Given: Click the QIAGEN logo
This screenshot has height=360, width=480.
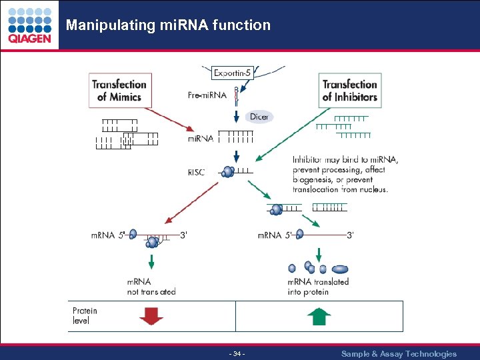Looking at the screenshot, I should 29,25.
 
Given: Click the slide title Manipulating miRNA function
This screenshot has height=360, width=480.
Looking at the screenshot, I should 168,25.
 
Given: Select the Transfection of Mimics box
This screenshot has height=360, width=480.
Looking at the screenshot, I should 119,90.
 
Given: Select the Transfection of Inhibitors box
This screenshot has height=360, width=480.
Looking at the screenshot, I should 350,90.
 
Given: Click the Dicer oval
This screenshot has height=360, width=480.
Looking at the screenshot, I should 259,117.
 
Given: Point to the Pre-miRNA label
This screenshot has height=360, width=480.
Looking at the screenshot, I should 207,95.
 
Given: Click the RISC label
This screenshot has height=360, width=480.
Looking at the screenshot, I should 197,172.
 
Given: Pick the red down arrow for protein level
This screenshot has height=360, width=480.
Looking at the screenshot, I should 151,315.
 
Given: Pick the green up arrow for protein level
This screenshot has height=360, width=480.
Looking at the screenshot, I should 319,315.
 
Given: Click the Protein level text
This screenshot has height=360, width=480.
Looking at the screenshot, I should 85,315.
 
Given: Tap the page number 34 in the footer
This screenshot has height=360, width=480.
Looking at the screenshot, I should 237,353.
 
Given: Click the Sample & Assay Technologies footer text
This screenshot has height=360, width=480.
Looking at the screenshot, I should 399,353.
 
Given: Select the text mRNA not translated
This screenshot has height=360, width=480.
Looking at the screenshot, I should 151,287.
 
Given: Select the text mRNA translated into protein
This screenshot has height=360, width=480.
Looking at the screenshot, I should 318,287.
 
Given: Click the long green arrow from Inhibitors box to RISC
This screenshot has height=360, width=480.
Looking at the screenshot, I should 293,133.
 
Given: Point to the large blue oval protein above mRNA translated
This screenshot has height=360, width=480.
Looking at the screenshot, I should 340,269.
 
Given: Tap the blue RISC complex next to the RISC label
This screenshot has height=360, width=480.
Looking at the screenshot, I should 228,172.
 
